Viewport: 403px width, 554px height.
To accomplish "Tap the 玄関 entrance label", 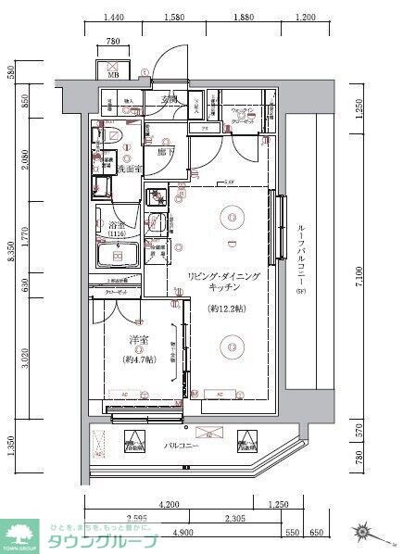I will tap(170, 99).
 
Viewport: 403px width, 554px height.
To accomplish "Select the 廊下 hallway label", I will tap(167, 150).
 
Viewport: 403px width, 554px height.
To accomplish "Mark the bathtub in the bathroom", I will tap(118, 257).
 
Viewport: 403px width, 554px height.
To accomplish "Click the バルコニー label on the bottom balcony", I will tap(182, 446).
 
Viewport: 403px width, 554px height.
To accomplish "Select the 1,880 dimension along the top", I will tap(245, 18).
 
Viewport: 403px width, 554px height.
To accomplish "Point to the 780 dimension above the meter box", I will tap(113, 42).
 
